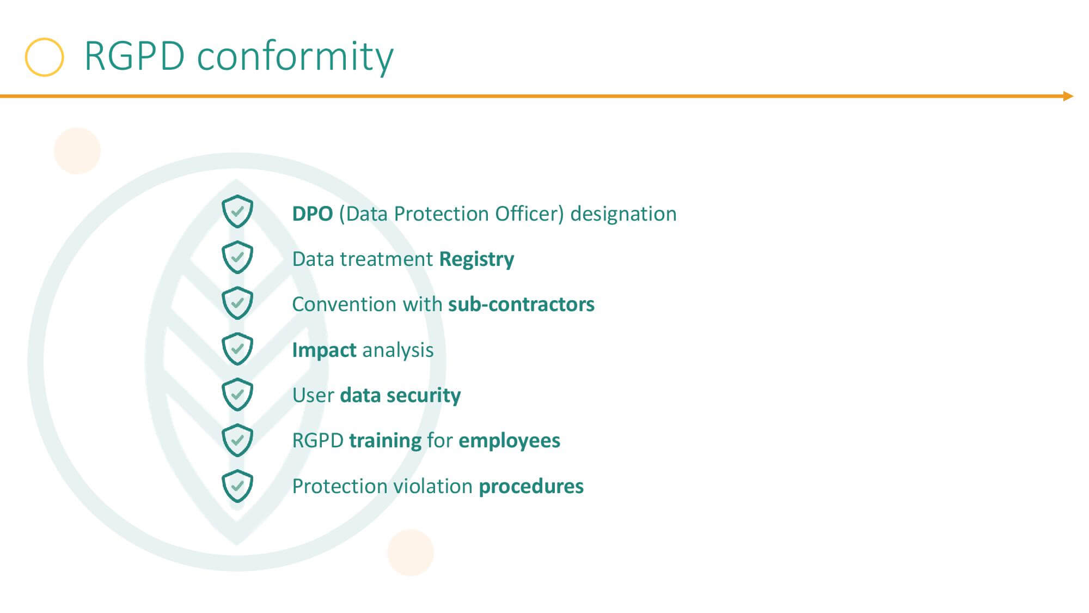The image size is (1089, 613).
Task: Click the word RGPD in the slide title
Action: pos(134,56)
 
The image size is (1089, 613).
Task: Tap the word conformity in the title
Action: pos(295,57)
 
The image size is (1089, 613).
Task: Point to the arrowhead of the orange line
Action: pos(1068,96)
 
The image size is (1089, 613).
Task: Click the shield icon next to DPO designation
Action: pos(237,211)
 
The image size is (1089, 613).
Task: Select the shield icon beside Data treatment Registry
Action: pos(237,257)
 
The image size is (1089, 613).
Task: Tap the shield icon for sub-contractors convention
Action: pos(237,302)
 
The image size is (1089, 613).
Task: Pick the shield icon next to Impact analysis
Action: pos(237,348)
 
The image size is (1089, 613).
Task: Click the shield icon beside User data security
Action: pos(237,393)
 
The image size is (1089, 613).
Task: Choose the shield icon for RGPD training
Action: pos(237,439)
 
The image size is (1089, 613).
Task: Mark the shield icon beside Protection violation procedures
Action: pos(237,485)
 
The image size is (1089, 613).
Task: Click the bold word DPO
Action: pos(313,214)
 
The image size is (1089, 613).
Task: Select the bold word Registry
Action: pos(476,259)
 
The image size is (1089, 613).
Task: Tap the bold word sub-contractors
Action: pos(521,304)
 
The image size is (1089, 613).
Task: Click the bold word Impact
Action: pos(325,350)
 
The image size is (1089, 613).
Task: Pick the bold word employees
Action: pos(509,441)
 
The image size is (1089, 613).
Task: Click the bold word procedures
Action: pos(531,487)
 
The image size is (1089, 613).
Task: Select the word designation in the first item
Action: pos(623,214)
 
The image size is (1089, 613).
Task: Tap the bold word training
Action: pos(385,441)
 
